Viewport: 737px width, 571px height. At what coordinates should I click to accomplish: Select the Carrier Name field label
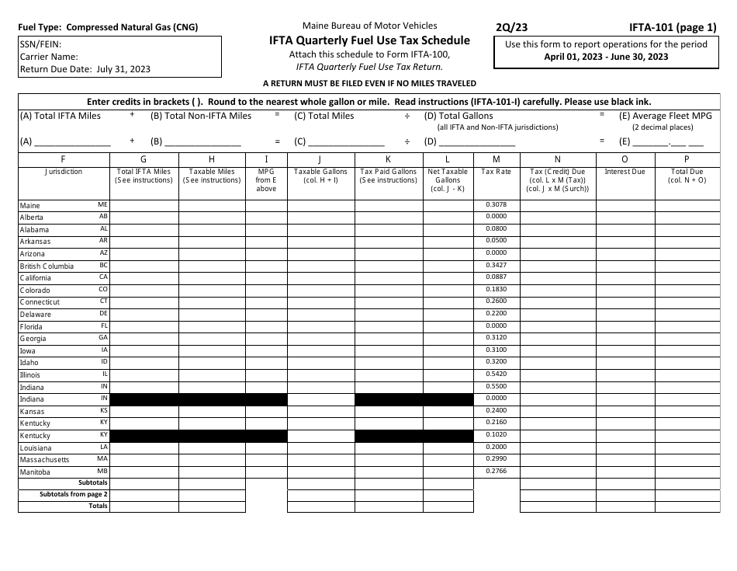tap(49, 57)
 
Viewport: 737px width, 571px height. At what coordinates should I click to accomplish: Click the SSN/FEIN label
tap(41, 45)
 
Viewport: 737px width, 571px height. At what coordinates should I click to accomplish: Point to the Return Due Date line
tap(85, 69)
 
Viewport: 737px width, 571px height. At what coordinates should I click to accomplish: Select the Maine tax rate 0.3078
tap(496, 204)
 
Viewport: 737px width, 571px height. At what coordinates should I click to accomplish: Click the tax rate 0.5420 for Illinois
tap(496, 374)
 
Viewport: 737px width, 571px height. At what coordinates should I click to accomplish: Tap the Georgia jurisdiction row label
tap(33, 339)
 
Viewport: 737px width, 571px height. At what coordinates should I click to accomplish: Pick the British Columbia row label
tap(47, 266)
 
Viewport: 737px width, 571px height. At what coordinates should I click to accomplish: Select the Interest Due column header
tap(625, 172)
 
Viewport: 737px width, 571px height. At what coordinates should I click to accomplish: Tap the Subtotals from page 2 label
tap(74, 494)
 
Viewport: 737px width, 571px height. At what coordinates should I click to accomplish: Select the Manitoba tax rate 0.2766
tap(496, 472)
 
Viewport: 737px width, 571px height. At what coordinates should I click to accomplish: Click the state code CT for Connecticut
tap(104, 301)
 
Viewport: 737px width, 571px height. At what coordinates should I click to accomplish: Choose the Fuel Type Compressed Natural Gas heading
tap(108, 27)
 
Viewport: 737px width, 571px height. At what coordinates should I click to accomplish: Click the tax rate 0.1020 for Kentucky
tap(496, 435)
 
